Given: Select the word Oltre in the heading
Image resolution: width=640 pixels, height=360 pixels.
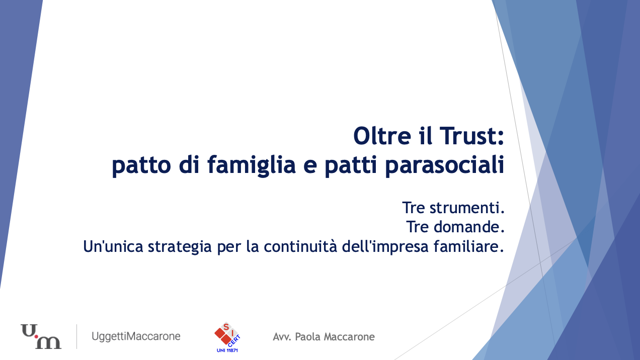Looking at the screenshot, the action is coord(382,136).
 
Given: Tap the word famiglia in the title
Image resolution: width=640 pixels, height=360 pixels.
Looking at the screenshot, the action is coord(252,165).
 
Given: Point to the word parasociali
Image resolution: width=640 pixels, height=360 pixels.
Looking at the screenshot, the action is coord(445,165).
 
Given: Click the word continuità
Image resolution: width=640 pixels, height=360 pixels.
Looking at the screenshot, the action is coord(300,246).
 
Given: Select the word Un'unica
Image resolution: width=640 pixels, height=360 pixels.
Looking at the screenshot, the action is coord(113,246).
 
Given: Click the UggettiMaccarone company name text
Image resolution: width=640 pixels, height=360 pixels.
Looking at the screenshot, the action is coord(136,336).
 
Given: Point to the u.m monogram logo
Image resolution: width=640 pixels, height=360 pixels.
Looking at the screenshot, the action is coord(41,336).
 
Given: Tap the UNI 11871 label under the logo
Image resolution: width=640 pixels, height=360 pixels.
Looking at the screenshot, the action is coord(227,350).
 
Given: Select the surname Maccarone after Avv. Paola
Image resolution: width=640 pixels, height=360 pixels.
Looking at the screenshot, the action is coord(349,337).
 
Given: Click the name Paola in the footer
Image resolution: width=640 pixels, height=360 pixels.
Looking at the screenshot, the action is coord(307,337).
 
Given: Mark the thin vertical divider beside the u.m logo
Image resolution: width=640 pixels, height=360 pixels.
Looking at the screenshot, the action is coord(76,336).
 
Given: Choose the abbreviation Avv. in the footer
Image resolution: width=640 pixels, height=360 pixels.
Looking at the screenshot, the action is coord(282,337).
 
